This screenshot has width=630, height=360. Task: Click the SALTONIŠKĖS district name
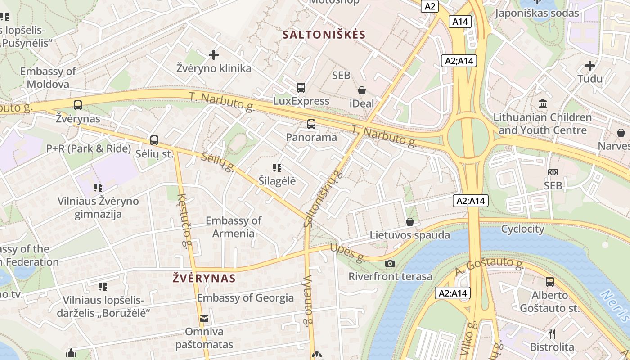coord(324,35)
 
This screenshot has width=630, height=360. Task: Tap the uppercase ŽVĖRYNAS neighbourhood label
coord(204,278)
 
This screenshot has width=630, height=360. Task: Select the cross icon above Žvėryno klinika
coord(214,55)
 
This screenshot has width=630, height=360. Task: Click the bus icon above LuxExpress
coord(301,88)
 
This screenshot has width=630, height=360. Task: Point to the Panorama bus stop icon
coord(311,124)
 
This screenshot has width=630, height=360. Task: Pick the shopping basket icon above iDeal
coord(362,90)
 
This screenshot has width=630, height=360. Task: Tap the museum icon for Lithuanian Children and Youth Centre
coord(543,103)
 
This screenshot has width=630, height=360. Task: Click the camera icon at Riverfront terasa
coord(390,263)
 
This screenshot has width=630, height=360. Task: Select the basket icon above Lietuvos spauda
coord(410,222)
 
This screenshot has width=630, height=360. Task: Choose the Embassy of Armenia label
coord(233,227)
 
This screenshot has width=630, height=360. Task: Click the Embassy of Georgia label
coord(245,298)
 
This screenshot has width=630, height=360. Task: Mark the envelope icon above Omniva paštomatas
coord(204,319)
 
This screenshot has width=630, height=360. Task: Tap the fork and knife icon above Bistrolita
coord(552,333)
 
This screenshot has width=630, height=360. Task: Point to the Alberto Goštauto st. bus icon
coord(550,282)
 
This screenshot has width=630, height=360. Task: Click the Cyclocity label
coord(522,229)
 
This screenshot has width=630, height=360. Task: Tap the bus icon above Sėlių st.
coord(154,140)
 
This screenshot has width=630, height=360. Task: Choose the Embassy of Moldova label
coord(48,77)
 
